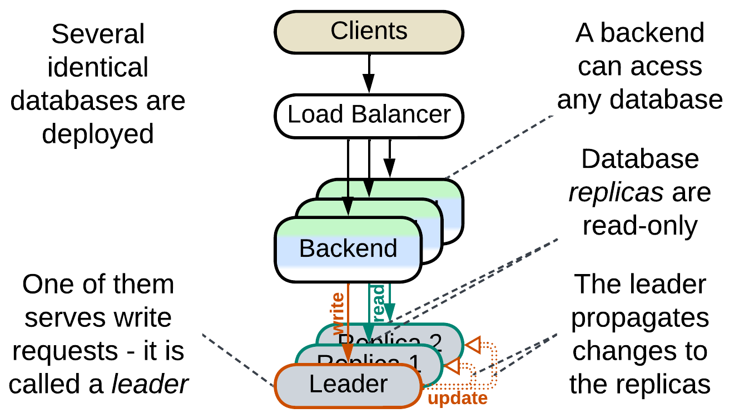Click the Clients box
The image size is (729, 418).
pos(369,31)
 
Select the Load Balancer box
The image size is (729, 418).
pos(369,115)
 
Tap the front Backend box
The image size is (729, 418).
pos(348,248)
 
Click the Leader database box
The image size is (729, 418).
pos(348,385)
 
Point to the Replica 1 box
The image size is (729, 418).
pos(428,360)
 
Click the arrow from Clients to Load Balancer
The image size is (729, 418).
pos(369,72)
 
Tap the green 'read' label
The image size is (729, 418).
pos(378,300)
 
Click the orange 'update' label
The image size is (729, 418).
pos(457,398)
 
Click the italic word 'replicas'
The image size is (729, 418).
pos(616,192)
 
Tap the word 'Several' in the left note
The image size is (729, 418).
pos(98,34)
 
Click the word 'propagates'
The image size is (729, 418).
pos(641,318)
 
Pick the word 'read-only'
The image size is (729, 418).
pos(640,226)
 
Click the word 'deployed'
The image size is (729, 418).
pos(98,134)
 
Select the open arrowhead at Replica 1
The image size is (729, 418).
pos(453,366)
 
